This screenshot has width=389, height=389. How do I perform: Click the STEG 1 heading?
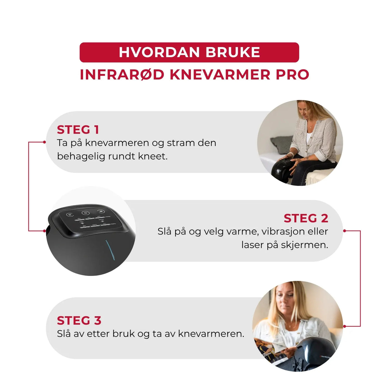click(x=78, y=130)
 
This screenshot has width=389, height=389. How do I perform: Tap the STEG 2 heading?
click(x=306, y=218)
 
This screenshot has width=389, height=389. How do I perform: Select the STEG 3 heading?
click(x=79, y=321)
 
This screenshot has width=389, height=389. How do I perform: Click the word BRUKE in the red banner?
click(x=233, y=52)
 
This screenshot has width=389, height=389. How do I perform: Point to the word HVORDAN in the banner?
click(x=159, y=52)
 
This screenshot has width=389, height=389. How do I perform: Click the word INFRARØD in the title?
click(x=122, y=74)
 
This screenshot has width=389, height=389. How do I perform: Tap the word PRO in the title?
click(x=292, y=74)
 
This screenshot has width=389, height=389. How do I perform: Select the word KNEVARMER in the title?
click(x=220, y=74)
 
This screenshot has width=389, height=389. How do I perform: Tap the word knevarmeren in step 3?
click(x=211, y=334)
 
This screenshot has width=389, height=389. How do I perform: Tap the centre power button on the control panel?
click(x=85, y=213)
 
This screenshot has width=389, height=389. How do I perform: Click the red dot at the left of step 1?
click(x=44, y=142)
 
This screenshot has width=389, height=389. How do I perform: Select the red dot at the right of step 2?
click(x=345, y=231)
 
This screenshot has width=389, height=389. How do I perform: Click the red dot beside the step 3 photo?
click(x=345, y=326)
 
